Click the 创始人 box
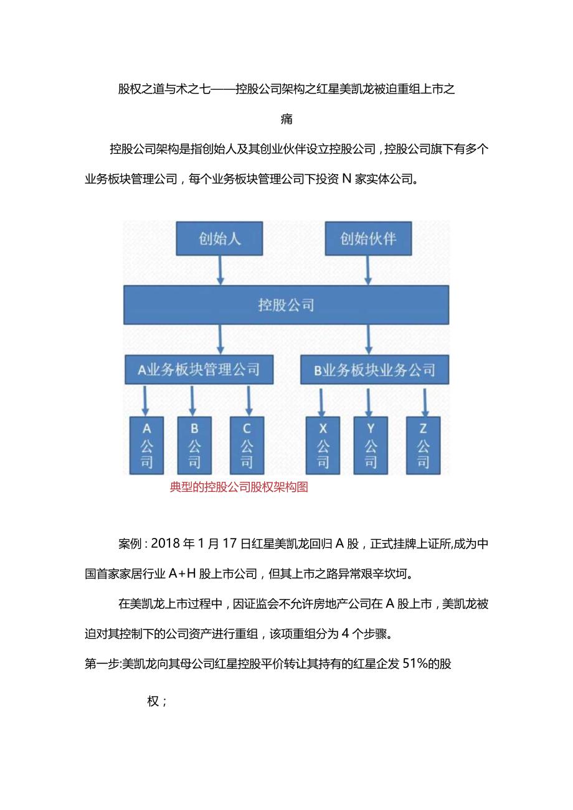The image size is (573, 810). (x=220, y=238)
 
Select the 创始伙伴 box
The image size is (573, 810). (x=368, y=238)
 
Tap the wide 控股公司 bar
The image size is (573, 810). (x=286, y=305)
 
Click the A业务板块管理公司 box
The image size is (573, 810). (x=199, y=370)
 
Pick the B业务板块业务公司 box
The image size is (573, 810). (x=374, y=370)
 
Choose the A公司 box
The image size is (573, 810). (x=147, y=445)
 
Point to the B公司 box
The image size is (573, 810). (x=194, y=445)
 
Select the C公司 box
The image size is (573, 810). (x=247, y=445)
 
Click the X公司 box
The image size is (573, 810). (x=323, y=445)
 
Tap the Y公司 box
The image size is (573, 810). (x=371, y=445)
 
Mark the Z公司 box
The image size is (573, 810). (x=423, y=445)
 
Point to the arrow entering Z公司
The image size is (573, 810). (x=425, y=401)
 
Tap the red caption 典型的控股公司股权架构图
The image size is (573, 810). (x=239, y=487)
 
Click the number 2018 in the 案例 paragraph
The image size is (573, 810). (x=169, y=544)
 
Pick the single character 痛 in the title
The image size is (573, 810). (x=286, y=118)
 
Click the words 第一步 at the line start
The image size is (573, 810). (x=101, y=664)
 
